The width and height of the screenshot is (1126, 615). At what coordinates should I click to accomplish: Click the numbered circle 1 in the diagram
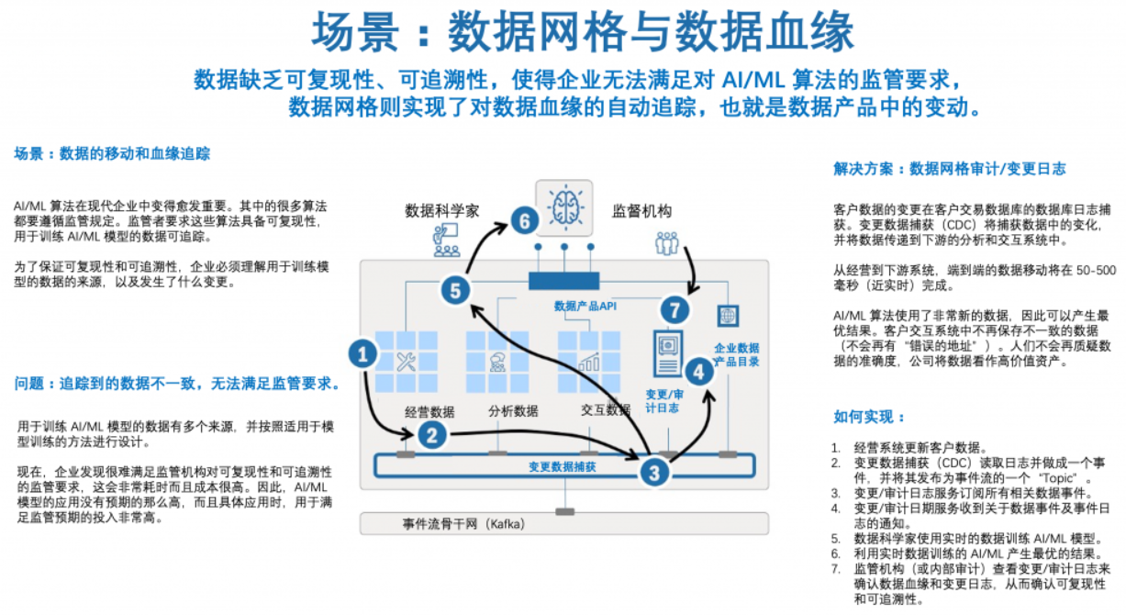click(x=364, y=354)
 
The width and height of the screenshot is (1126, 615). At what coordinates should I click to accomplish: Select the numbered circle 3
click(x=653, y=473)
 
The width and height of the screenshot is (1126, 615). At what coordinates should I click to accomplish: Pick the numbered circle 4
click(x=699, y=372)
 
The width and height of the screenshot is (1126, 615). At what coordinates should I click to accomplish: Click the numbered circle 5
click(x=455, y=291)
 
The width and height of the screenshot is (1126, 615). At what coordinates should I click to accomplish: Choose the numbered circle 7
click(x=674, y=309)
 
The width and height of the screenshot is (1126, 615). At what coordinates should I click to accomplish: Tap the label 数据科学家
click(x=442, y=211)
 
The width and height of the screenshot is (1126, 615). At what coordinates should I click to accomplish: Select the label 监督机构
click(x=641, y=211)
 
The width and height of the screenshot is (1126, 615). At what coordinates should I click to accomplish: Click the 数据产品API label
click(x=585, y=306)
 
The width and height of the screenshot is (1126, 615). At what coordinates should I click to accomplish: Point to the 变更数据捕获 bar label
click(x=562, y=466)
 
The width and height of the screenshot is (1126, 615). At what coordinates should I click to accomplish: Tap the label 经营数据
click(x=429, y=410)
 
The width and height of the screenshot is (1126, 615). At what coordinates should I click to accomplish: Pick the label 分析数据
click(x=513, y=410)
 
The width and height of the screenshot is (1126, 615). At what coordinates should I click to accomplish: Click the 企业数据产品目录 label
click(x=736, y=355)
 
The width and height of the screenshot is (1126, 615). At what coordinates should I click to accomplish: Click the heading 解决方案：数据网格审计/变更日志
click(x=950, y=169)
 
